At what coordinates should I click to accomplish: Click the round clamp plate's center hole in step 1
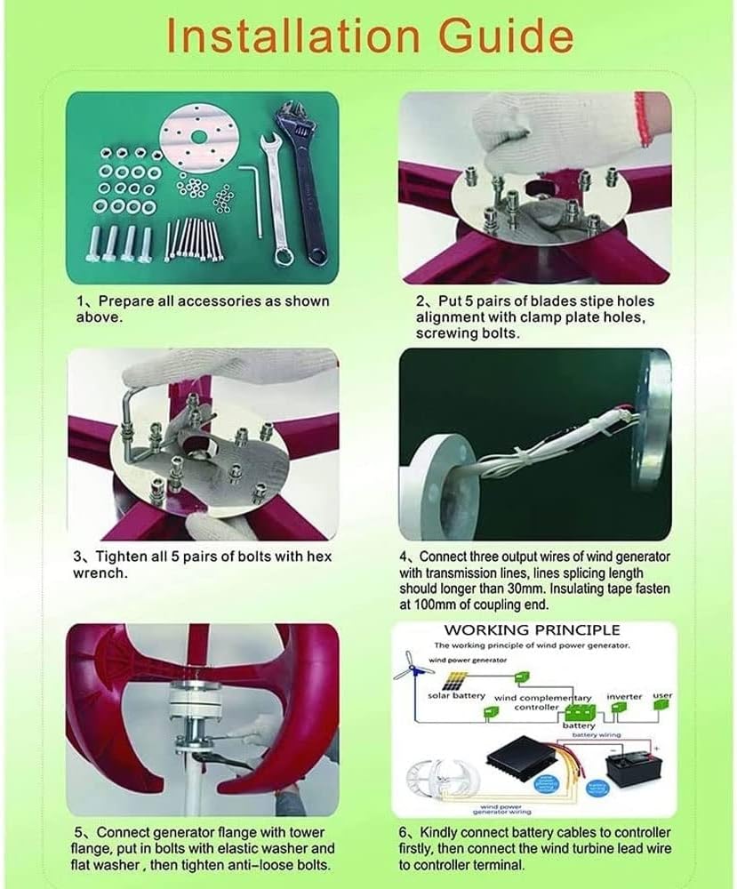click(x=195, y=140)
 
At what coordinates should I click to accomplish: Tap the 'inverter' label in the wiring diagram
click(x=624, y=696)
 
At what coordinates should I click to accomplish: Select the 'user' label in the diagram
click(x=661, y=695)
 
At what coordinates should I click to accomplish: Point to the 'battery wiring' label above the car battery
click(x=596, y=735)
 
